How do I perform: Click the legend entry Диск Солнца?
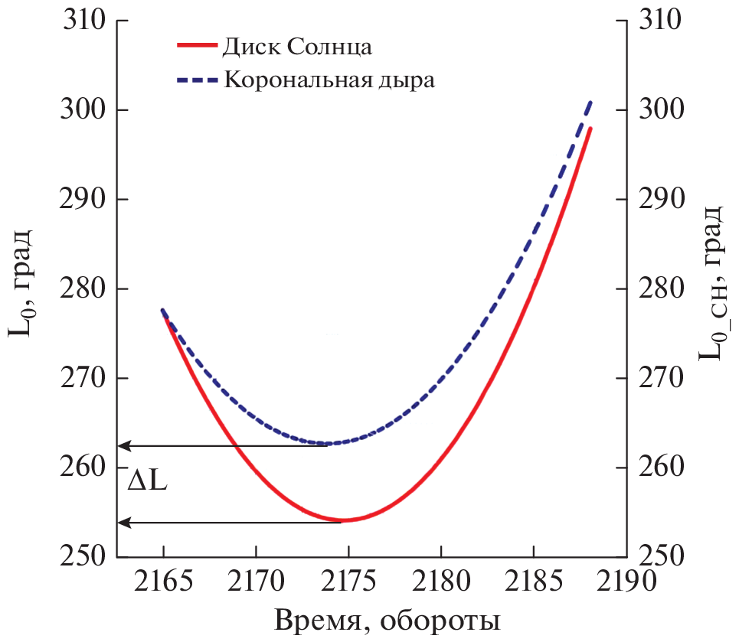[x=297, y=47]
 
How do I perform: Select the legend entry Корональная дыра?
[x=329, y=80]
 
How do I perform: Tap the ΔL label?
[x=148, y=484]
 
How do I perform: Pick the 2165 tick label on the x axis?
[x=163, y=583]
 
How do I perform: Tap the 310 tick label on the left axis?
[x=83, y=21]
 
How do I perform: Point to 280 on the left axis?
[x=83, y=289]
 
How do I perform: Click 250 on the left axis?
[x=83, y=556]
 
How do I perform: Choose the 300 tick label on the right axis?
[x=660, y=110]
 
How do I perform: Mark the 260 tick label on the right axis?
[x=660, y=468]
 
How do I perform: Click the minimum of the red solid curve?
[x=343, y=520]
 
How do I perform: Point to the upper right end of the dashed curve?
[x=590, y=101]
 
